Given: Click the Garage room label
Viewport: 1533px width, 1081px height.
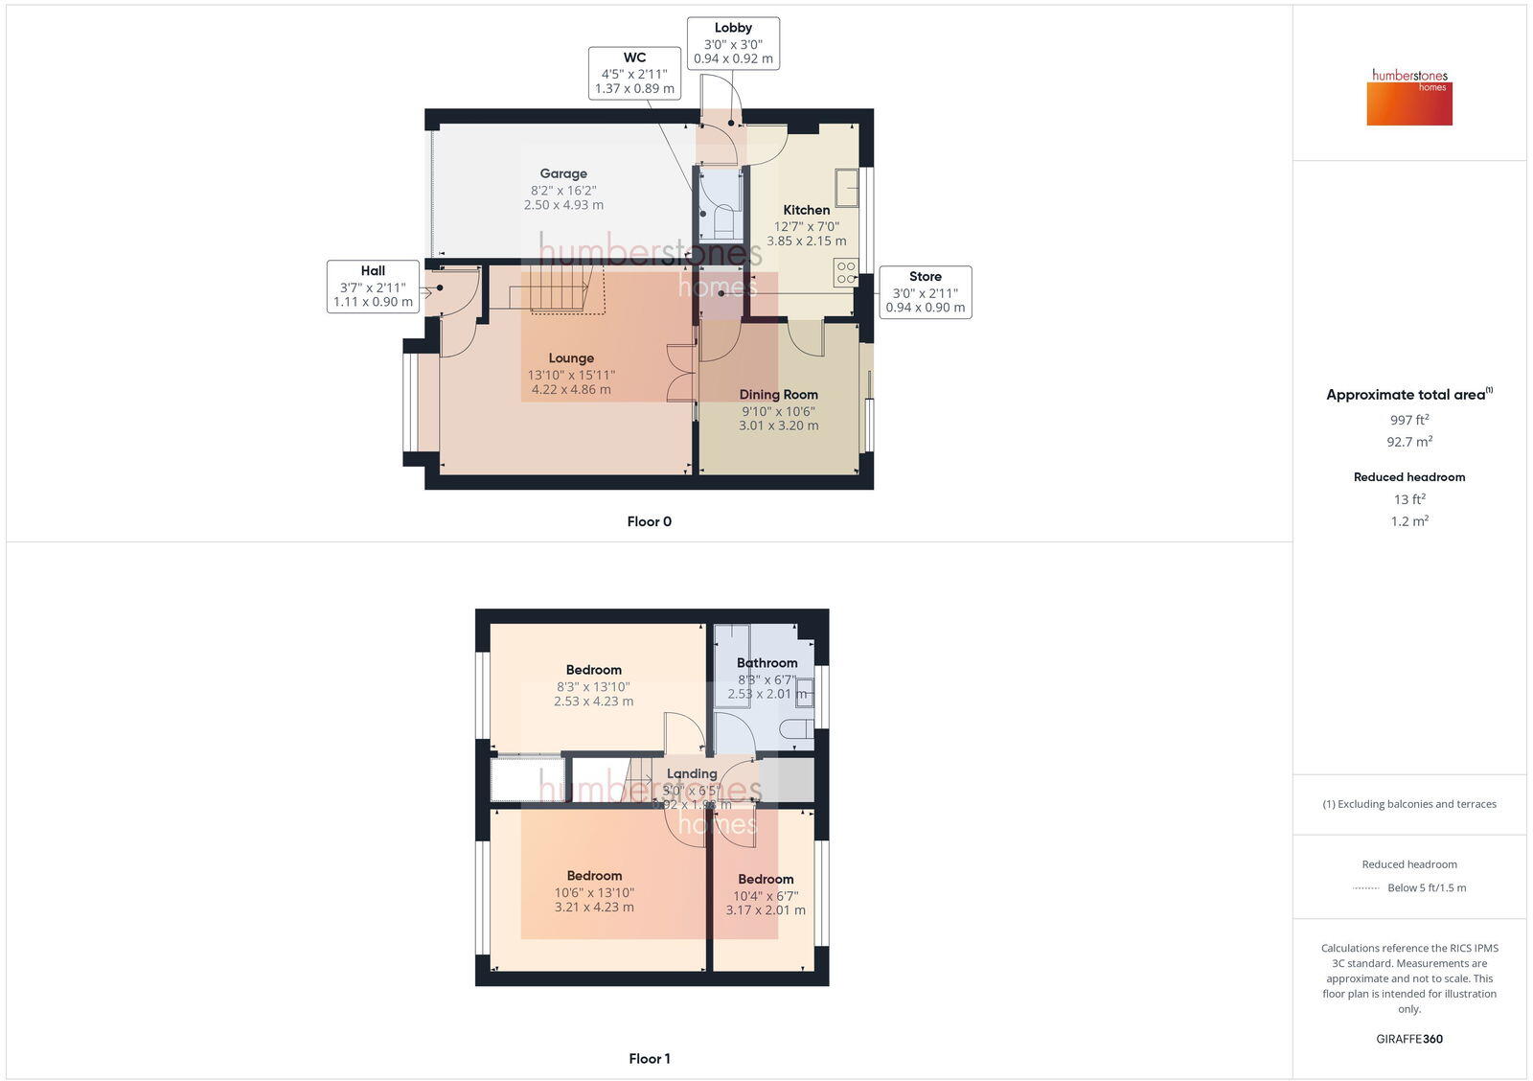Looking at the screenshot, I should (x=563, y=174).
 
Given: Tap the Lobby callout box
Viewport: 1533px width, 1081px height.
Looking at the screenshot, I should (x=733, y=43).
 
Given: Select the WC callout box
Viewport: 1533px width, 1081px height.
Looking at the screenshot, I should (x=634, y=73).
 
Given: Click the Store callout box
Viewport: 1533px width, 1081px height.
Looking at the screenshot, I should (x=925, y=292).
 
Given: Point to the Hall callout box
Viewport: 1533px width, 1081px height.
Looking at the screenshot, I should (x=373, y=287).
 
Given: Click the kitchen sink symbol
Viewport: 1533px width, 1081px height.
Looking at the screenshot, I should (x=846, y=188).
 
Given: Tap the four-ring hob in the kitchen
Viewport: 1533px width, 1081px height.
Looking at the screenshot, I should (x=845, y=272).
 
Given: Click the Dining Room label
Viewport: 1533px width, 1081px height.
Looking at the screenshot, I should (x=778, y=395).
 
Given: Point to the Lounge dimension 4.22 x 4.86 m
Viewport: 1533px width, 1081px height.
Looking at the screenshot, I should (x=571, y=390).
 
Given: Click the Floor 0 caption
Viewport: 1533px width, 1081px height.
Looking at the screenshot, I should (x=649, y=522).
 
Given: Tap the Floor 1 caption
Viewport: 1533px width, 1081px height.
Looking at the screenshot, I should (x=649, y=1059).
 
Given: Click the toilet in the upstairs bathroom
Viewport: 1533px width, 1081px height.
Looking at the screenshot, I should (x=796, y=730).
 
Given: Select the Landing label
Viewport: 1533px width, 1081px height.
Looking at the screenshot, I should (x=692, y=774).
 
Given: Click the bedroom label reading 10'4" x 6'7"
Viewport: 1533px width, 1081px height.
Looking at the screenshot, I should (x=766, y=895).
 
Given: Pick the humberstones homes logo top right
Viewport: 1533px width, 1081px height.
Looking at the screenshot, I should (x=1409, y=97).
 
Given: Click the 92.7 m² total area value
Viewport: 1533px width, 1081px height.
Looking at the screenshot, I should (x=1409, y=442).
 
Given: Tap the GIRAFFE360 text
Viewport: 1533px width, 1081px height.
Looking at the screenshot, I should (x=1409, y=1039).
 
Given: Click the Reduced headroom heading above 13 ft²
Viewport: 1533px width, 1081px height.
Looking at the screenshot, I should (x=1409, y=477).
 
